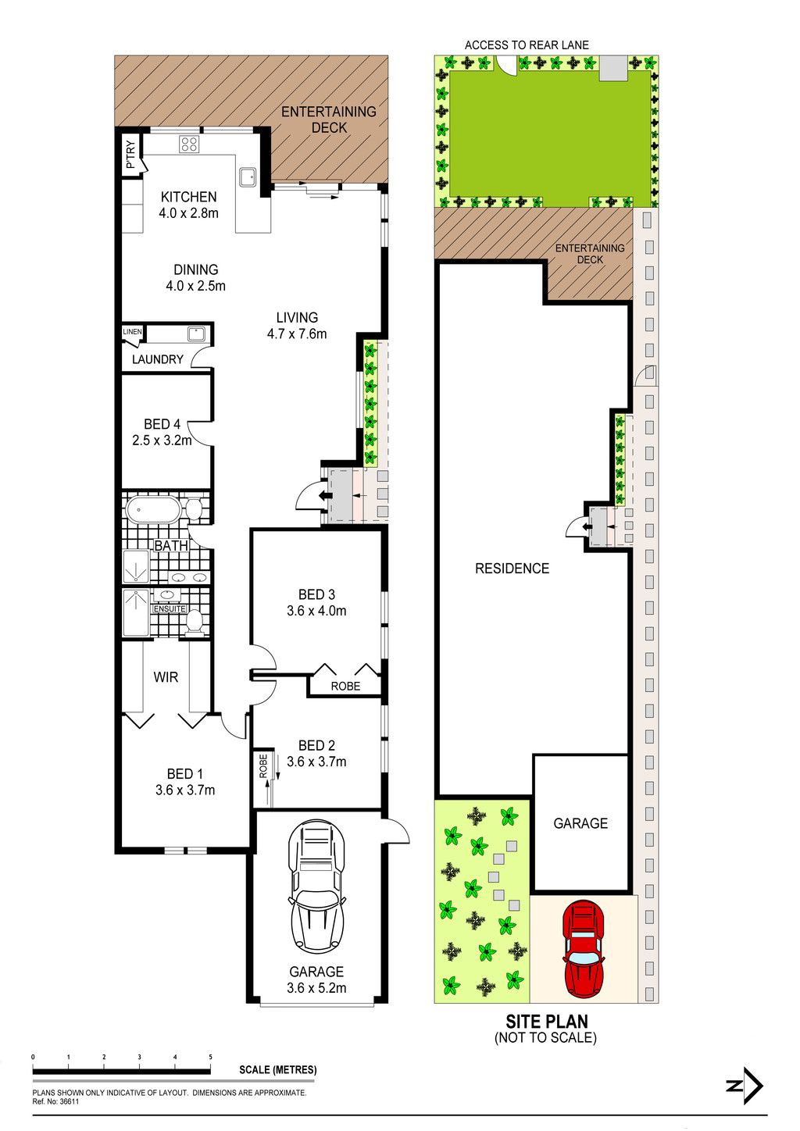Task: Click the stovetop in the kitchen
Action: [x=189, y=144]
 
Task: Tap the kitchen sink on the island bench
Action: [x=248, y=177]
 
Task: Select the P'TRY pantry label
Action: [x=130, y=155]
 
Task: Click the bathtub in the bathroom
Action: [x=153, y=510]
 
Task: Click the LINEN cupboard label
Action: [x=132, y=332]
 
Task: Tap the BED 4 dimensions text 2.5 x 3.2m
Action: [x=162, y=441]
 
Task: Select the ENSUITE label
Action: [x=170, y=609]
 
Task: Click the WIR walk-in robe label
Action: [x=166, y=677]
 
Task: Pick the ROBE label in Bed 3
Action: [x=345, y=686]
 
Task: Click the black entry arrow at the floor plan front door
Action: [x=325, y=497]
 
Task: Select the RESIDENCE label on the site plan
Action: [x=512, y=569]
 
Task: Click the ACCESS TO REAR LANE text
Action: [x=527, y=45]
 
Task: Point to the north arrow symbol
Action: [x=745, y=1086]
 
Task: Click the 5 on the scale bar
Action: [x=210, y=1057]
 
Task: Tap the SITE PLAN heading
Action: [x=547, y=1022]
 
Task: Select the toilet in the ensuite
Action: [x=194, y=622]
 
